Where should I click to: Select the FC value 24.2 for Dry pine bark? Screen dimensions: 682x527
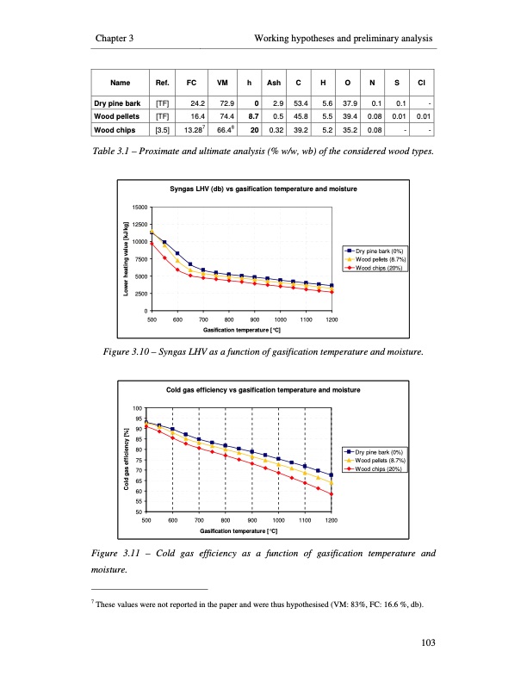pos(194,102)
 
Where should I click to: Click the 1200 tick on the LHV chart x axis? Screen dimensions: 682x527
pos(332,320)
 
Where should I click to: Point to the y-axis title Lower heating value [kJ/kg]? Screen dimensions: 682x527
pos(126,258)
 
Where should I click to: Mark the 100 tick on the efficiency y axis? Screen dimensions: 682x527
pos(137,408)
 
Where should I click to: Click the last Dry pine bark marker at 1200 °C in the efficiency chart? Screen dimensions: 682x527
pos(332,475)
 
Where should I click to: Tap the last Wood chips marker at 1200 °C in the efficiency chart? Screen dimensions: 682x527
pos(332,494)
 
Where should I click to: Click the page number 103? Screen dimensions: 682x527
pos(421,640)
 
